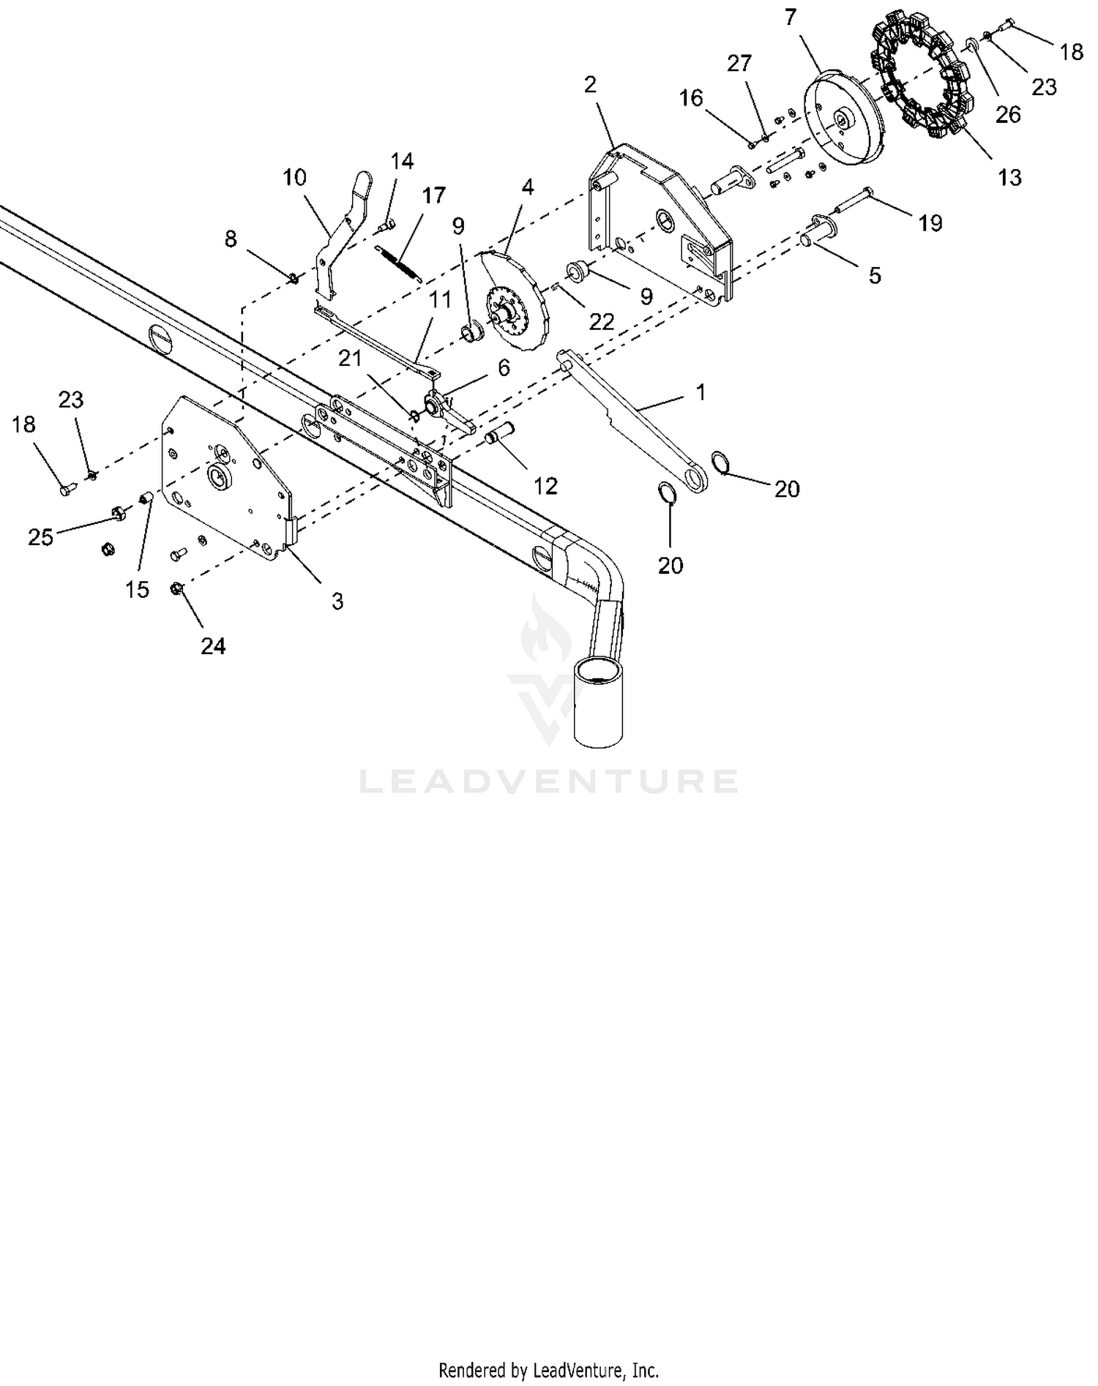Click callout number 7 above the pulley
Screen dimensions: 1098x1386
tap(790, 17)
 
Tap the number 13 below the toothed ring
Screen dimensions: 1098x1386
tap(1009, 177)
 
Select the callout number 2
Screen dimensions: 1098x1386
tap(590, 84)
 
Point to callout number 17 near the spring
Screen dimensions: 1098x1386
tap(433, 195)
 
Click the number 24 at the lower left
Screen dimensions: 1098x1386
tap(213, 645)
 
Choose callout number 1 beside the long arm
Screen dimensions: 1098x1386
tap(701, 392)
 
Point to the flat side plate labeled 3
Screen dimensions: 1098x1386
tap(227, 479)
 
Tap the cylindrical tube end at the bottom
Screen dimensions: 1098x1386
tap(599, 701)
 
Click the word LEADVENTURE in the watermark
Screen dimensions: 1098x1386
tap(548, 781)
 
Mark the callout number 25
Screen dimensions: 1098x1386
tap(41, 537)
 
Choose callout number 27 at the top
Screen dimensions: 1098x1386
tap(739, 63)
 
